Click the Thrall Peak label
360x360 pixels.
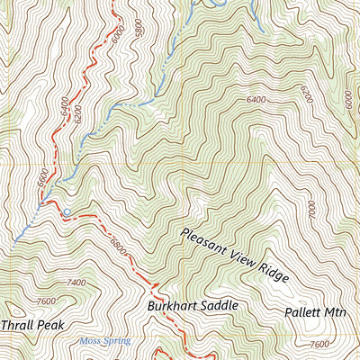point(33,324)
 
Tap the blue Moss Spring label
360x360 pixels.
point(105,341)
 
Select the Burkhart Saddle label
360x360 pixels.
point(192,306)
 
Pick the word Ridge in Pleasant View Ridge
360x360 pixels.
point(271,273)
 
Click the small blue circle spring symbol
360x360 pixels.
point(67,211)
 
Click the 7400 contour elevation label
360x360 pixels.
point(76,283)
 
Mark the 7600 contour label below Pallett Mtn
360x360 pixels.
point(318,344)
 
